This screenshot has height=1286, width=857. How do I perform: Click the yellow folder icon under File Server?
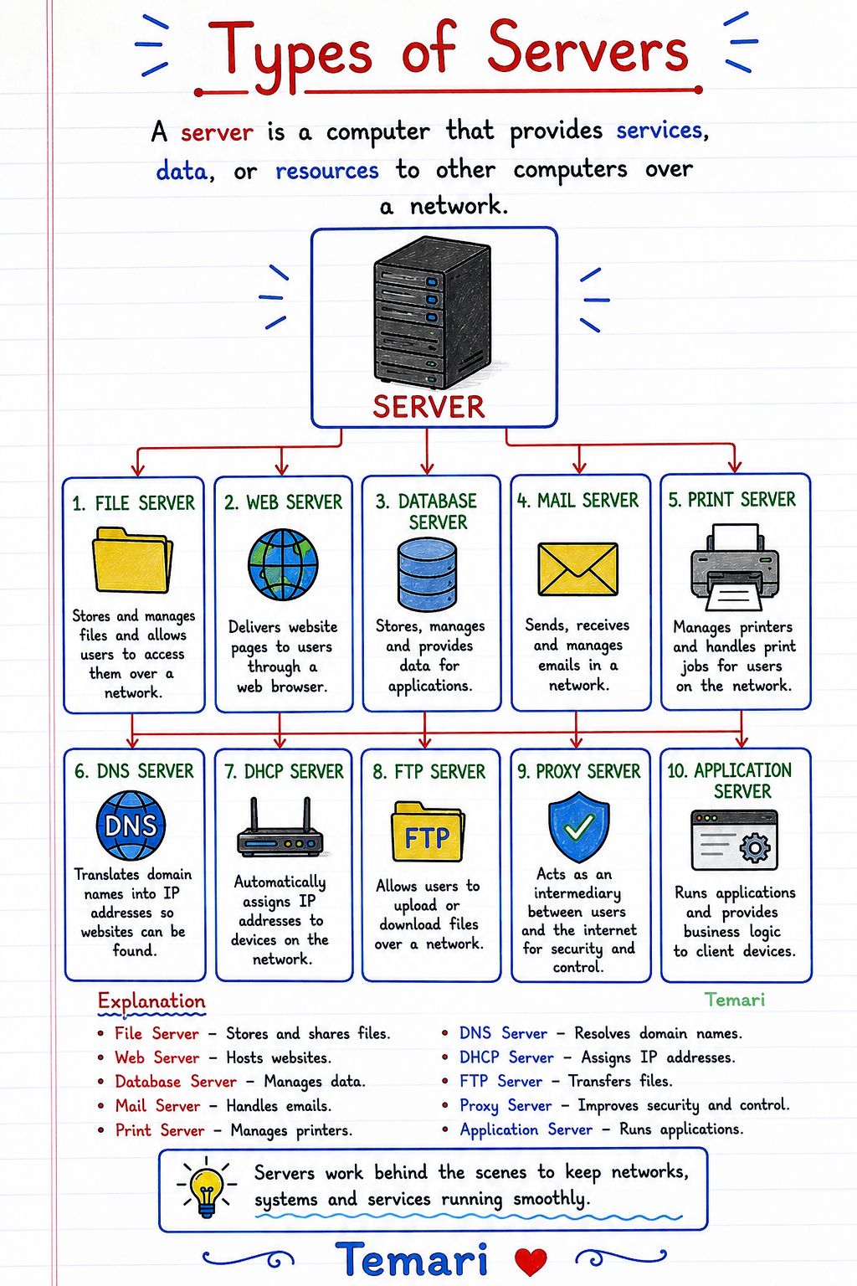click(x=132, y=560)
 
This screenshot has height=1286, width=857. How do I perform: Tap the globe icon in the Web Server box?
click(x=283, y=564)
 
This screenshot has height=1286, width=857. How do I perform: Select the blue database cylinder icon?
click(x=427, y=575)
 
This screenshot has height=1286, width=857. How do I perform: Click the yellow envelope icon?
click(x=578, y=569)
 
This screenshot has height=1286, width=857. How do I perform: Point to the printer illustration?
click(x=735, y=567)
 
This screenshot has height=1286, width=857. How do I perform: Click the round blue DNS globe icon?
click(x=131, y=826)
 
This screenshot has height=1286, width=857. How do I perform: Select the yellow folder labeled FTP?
click(x=428, y=832)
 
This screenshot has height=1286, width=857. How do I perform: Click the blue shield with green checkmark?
click(x=578, y=826)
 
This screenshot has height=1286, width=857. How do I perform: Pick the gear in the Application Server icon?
click(x=754, y=847)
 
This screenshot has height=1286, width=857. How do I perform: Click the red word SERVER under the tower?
click(x=428, y=407)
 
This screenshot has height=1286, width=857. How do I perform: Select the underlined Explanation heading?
click(x=151, y=1001)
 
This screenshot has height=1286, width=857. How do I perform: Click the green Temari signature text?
click(x=735, y=1001)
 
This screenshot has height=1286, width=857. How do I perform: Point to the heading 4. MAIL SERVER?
click(x=577, y=501)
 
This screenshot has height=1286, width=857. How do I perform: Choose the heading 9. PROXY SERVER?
click(x=578, y=772)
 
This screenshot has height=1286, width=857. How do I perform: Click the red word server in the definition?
click(x=217, y=132)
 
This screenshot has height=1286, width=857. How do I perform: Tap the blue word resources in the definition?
click(x=327, y=171)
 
